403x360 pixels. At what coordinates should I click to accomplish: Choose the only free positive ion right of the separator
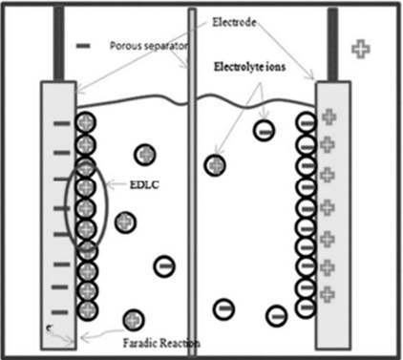pyautogui.click(x=217, y=165)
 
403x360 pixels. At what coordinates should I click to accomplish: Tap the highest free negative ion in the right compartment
pyautogui.click(x=264, y=130)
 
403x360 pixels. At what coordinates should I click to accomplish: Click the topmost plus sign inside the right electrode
pyautogui.click(x=328, y=117)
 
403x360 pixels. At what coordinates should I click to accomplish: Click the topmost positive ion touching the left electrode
pyautogui.click(x=85, y=123)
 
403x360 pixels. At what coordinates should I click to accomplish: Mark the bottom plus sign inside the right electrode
pyautogui.click(x=328, y=292)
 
